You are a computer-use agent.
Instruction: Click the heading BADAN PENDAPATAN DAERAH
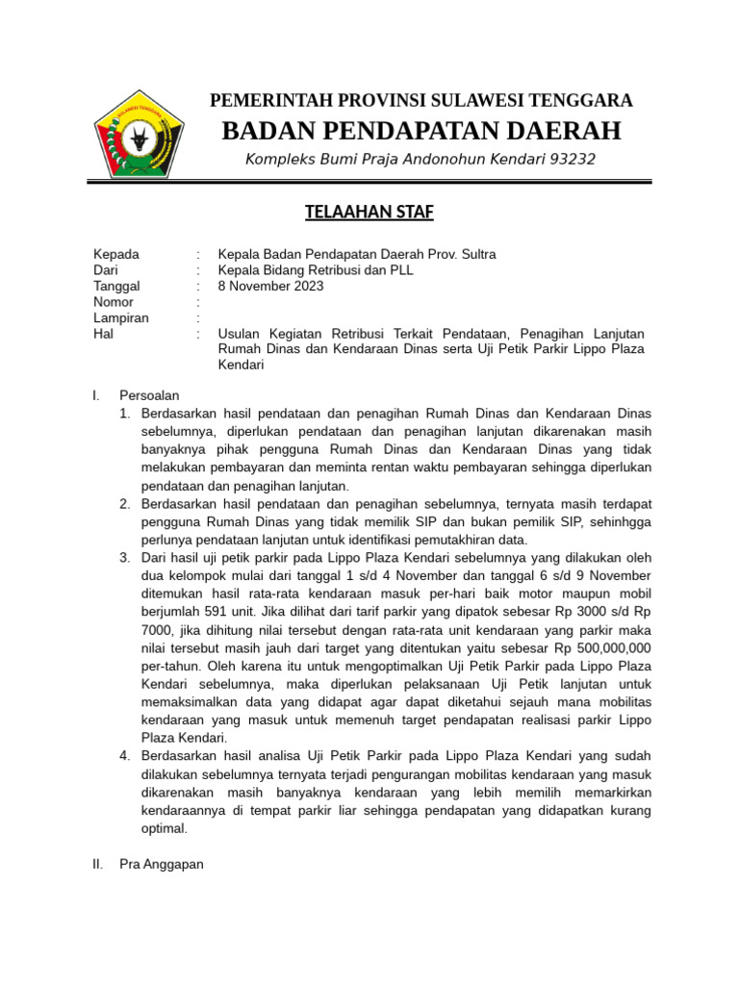pos(421,131)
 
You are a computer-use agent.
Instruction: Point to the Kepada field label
pos(115,254)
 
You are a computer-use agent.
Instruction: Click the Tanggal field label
pos(116,286)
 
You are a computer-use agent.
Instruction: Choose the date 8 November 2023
pos(271,286)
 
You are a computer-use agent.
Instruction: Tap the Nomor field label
pos(113,302)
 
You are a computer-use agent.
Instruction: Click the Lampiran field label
pos(120,317)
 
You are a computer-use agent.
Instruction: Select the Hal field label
pos(103,334)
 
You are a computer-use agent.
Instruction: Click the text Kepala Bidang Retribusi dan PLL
pos(316,270)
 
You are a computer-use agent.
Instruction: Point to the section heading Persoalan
pos(149,395)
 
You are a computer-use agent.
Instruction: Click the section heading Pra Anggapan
pos(162,865)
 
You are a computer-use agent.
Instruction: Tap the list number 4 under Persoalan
pos(125,755)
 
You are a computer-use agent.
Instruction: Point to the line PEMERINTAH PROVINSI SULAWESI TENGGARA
pos(421,100)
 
